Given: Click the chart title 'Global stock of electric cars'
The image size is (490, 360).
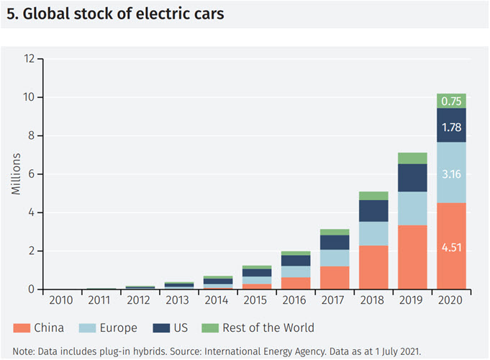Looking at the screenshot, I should coord(115,14).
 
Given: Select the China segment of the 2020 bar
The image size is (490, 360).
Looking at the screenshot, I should coord(451,246).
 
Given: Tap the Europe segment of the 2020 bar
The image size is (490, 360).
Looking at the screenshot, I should coord(451,173).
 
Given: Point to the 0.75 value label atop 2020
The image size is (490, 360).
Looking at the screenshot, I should coord(451,101).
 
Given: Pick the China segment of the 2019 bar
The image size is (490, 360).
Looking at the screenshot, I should coord(412,257).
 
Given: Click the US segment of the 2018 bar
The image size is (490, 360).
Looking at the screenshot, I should coord(373,210).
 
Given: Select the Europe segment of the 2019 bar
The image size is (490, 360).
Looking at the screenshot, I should coord(412,209).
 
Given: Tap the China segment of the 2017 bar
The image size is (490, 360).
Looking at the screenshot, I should coord(335,277).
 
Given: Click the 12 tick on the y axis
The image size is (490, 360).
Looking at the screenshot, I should coord(30,58).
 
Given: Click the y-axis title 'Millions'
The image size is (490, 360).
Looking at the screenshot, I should coord(15,174).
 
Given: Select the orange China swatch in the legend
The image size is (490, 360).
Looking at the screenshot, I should coord(19,328).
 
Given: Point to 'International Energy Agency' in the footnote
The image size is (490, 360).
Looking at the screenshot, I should coord(259,351).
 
